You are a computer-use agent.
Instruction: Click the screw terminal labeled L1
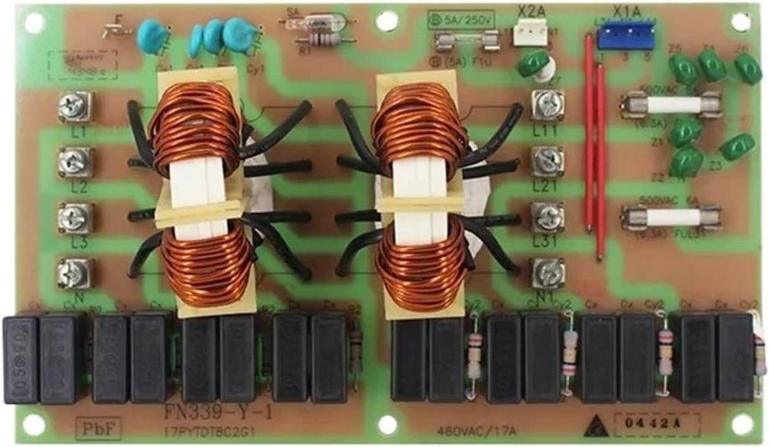(75, 106)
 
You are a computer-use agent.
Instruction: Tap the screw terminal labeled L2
(75, 162)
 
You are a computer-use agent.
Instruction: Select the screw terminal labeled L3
(75, 217)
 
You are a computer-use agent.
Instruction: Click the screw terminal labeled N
(75, 271)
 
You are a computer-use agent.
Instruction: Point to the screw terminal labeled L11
(548, 105)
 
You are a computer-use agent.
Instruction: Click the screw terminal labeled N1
(548, 272)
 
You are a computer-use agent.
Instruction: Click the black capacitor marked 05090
(22, 358)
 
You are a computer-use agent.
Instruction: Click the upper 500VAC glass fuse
(670, 105)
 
